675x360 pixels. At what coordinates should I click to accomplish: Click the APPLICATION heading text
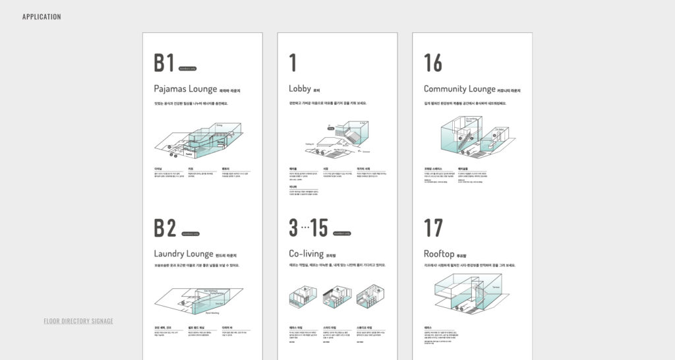point(42,16)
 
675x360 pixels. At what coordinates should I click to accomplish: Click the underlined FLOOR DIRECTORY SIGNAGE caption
point(78,321)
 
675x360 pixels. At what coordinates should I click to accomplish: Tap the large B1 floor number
point(164,63)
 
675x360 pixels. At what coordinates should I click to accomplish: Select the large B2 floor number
point(165,227)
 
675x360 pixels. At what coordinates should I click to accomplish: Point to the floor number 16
point(433,63)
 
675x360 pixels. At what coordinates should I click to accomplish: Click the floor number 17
point(433,227)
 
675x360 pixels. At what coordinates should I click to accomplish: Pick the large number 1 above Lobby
point(293,63)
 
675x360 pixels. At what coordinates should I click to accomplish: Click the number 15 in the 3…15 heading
point(319,227)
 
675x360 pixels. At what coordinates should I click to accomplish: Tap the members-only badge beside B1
point(187,69)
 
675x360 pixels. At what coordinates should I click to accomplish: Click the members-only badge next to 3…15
point(341,233)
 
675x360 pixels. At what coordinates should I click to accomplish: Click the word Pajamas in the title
point(170,89)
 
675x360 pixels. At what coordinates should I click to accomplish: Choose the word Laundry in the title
point(170,254)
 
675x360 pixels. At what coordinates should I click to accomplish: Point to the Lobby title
point(299,88)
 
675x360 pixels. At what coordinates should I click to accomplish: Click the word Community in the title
point(446,88)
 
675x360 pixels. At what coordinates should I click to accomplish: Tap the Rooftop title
point(439,254)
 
